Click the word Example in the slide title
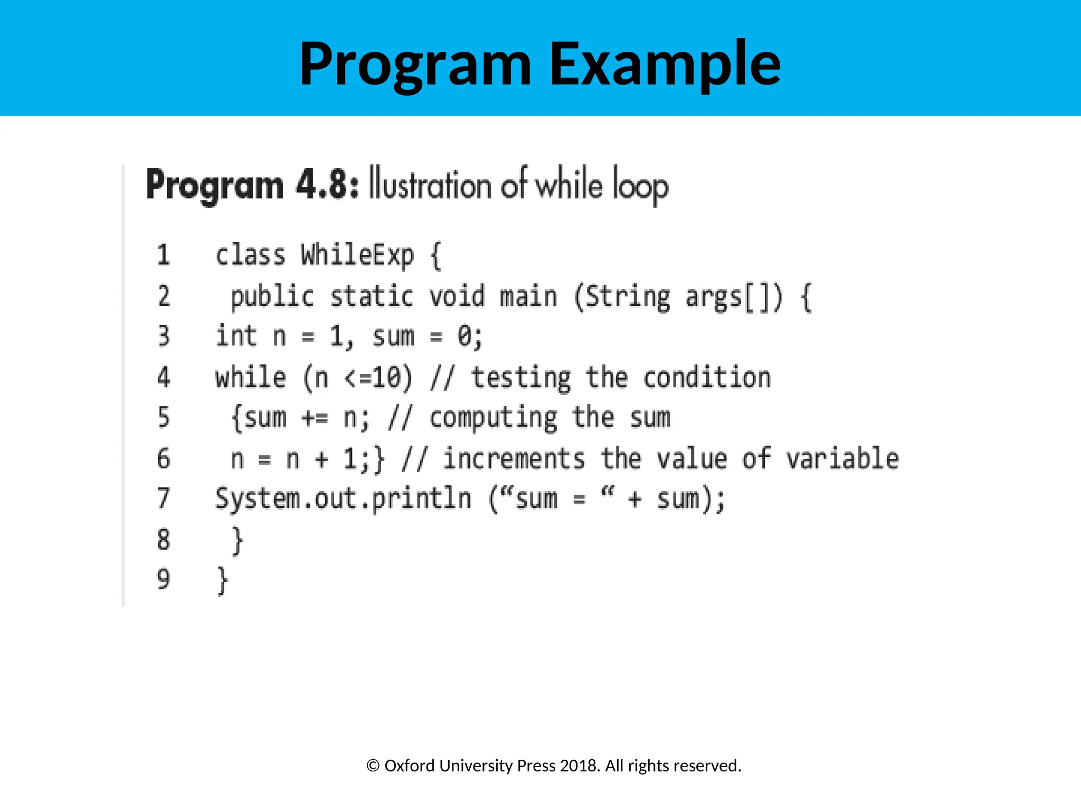(665, 64)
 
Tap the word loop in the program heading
(640, 186)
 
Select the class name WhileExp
(357, 255)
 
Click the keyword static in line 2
(371, 296)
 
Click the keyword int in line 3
(236, 336)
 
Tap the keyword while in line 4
(251, 378)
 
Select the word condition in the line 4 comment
(707, 378)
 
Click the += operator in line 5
(315, 418)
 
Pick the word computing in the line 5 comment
(493, 418)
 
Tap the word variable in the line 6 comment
(842, 458)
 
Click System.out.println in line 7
(343, 499)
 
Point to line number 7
(164, 499)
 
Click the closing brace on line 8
(238, 540)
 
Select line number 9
(164, 580)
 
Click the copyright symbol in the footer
(373, 766)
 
